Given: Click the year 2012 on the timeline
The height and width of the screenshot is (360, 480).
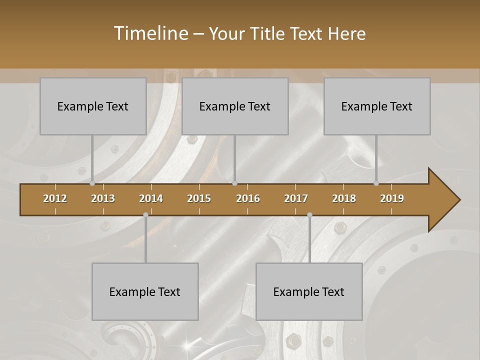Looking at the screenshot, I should point(55,198).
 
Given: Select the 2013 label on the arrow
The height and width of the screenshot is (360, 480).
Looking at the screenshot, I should point(103,198).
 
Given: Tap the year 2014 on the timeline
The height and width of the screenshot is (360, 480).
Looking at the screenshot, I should point(151,198).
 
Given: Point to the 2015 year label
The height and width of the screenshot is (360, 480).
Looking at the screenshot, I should point(199,198).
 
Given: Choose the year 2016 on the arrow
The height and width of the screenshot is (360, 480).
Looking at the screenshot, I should point(248,198).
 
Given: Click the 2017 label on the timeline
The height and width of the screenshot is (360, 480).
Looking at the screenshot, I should point(296,198).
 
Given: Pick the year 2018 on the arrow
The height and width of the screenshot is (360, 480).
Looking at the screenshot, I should point(344,198).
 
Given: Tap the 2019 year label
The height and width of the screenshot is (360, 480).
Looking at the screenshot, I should point(392,198).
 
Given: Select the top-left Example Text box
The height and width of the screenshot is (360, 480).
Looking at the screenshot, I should point(93,106).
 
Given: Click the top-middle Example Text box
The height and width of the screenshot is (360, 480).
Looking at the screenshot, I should point(235,106).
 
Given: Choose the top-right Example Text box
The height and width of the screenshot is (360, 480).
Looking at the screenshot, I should point(377,106).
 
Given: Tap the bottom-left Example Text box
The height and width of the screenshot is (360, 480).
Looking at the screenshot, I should point(145,291).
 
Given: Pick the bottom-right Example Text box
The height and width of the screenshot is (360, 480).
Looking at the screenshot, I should point(309,291).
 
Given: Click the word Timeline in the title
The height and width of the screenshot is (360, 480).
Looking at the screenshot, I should point(150,33).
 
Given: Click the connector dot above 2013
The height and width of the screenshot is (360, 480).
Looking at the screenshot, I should point(92,183).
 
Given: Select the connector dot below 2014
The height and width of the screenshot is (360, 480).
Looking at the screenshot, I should point(145,215).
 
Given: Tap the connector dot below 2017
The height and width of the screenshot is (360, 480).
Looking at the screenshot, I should point(309,215).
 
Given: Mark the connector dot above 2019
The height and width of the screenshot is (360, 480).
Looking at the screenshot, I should point(376,183).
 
